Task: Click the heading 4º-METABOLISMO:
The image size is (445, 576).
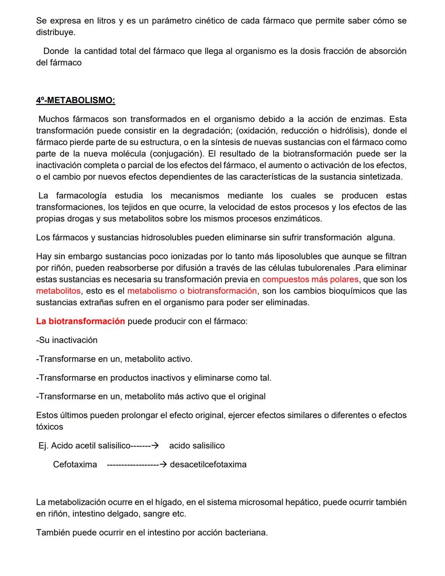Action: click(75, 100)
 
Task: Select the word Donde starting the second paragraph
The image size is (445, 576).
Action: click(56, 51)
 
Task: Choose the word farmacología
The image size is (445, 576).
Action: click(81, 195)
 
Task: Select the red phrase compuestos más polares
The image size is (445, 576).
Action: click(310, 280)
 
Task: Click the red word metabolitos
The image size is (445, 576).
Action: click(58, 291)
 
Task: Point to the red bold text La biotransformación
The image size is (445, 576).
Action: click(80, 321)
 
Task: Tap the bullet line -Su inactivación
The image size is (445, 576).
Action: click(67, 340)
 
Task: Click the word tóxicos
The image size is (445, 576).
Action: click(49, 427)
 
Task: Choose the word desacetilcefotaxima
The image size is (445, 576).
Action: click(208, 465)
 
